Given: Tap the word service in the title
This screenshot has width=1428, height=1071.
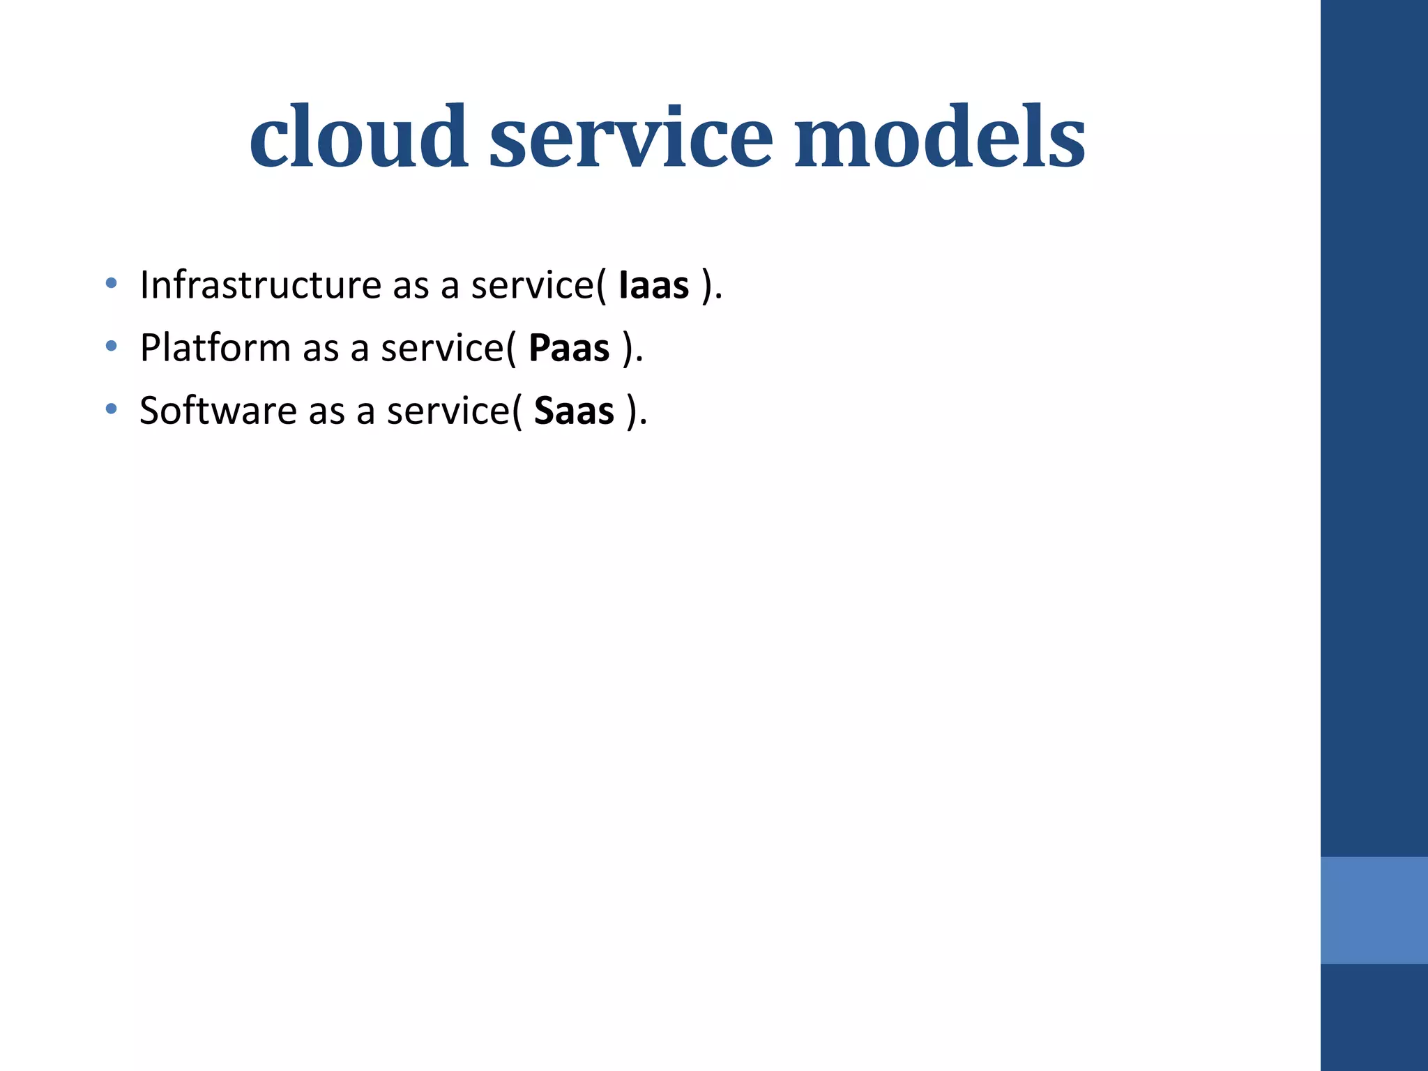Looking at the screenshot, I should click(631, 137).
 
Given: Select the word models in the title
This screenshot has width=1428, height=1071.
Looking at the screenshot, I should click(940, 137).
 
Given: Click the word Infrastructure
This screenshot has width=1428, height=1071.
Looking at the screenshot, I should click(260, 284).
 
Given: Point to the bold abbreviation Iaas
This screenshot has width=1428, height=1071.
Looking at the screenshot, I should click(653, 285).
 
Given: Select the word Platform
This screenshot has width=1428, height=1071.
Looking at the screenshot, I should click(215, 347).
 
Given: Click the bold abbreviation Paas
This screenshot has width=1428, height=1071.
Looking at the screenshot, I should click(569, 348).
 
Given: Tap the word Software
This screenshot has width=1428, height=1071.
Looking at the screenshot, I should click(218, 410).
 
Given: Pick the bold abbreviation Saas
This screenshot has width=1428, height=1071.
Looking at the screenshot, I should click(574, 411).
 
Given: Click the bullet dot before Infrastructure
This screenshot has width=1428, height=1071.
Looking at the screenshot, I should click(111, 283).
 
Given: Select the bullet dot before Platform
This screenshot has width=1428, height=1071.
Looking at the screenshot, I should click(111, 346).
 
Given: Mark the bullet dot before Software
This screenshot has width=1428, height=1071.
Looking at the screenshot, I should click(111, 409).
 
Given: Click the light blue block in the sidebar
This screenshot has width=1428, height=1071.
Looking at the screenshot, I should click(1374, 910).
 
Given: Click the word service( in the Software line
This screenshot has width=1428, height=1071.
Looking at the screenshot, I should click(454, 411).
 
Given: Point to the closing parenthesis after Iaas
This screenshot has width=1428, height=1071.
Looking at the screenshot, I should click(708, 286).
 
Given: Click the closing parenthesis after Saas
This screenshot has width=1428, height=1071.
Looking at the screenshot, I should click(632, 411).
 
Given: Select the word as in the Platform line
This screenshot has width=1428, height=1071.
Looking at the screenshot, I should click(320, 349).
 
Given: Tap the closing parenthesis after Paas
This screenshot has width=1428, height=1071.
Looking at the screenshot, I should click(628, 349).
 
